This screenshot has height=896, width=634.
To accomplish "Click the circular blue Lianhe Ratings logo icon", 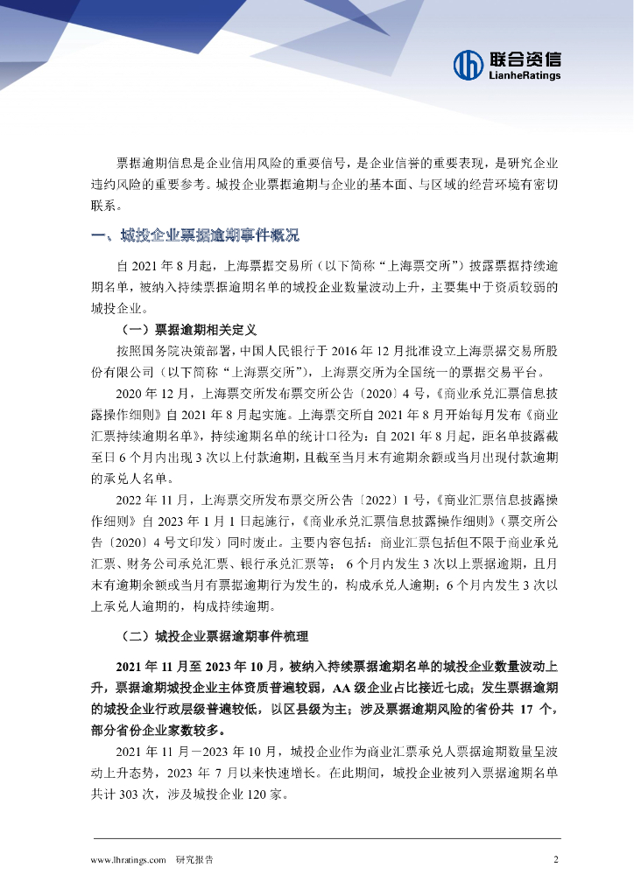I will (468, 64).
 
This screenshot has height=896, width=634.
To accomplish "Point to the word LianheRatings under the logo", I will (523, 76).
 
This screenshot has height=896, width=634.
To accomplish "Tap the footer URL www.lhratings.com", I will (129, 859).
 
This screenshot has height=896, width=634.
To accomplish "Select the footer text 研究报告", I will (194, 859).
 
